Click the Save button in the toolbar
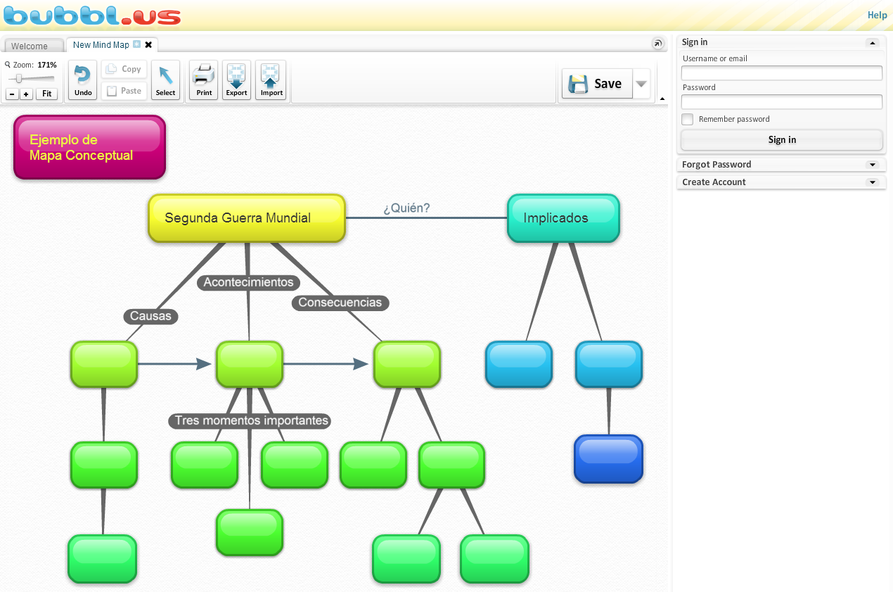tap(597, 84)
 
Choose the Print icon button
tap(204, 80)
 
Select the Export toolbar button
tap(236, 80)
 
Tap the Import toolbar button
tap(271, 80)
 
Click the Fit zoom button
tap(46, 94)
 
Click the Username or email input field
tap(781, 73)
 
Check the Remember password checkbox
tap(688, 120)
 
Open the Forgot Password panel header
tap(780, 165)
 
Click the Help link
tap(877, 15)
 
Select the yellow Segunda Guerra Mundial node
tap(246, 218)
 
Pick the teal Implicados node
tap(563, 218)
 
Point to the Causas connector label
tap(150, 316)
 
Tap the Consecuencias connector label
tap(340, 303)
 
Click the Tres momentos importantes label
tap(251, 421)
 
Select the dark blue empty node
tap(608, 459)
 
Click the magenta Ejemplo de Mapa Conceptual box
tap(89, 147)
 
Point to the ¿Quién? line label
tap(406, 208)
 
